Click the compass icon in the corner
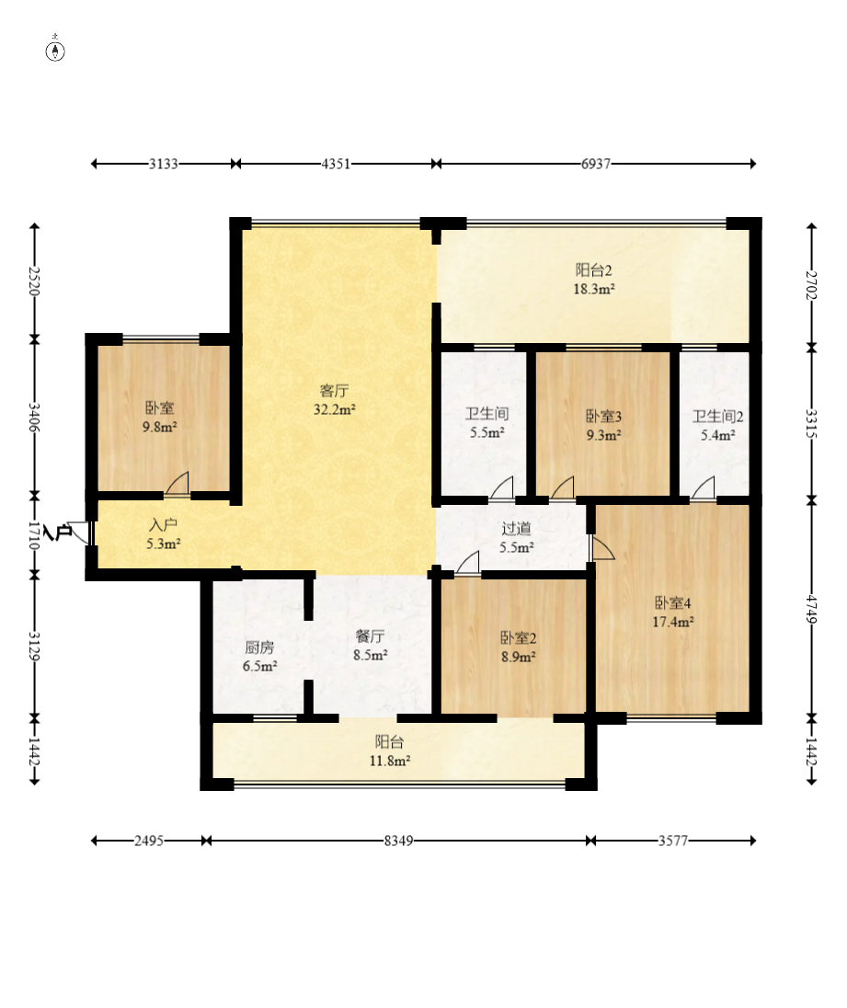click(55, 51)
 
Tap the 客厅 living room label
click(334, 391)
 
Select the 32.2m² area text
click(334, 409)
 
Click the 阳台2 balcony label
click(593, 270)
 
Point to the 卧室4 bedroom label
click(673, 603)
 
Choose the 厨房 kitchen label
click(259, 647)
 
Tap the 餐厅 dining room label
click(371, 636)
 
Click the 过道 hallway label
click(516, 529)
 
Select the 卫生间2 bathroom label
click(718, 417)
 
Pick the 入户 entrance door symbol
click(80, 533)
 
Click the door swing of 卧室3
click(562, 487)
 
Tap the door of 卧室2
click(468, 563)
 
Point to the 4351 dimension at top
click(336, 164)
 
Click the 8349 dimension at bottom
click(398, 841)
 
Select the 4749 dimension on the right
click(812, 610)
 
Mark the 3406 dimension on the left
click(35, 418)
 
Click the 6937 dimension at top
click(596, 164)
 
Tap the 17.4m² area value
click(673, 622)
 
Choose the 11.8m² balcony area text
click(389, 762)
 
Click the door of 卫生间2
click(703, 487)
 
